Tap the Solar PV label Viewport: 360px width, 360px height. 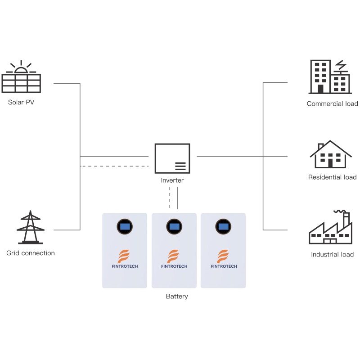pyautogui.click(x=21, y=102)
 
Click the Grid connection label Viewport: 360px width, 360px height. pyautogui.click(x=31, y=253)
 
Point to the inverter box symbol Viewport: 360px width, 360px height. pyautogui.click(x=172, y=158)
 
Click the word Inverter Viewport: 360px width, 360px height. pyautogui.click(x=172, y=180)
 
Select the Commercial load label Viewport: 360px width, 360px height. pyautogui.click(x=332, y=103)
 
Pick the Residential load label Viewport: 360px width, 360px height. pyautogui.click(x=332, y=177)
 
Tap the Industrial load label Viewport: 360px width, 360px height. pyautogui.click(x=332, y=255)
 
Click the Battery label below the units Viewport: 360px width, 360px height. pyautogui.click(x=177, y=297)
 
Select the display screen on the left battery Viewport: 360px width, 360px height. pyautogui.click(x=125, y=225)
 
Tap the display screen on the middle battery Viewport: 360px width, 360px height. pyautogui.click(x=174, y=225)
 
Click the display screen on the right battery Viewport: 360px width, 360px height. pyautogui.click(x=223, y=225)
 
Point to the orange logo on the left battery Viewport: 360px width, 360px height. pyautogui.click(x=125, y=256)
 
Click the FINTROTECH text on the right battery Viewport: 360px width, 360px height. pyautogui.click(x=224, y=266)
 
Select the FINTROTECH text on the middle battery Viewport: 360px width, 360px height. pyautogui.click(x=174, y=266)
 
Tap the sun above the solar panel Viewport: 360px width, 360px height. pyautogui.click(x=21, y=69)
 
